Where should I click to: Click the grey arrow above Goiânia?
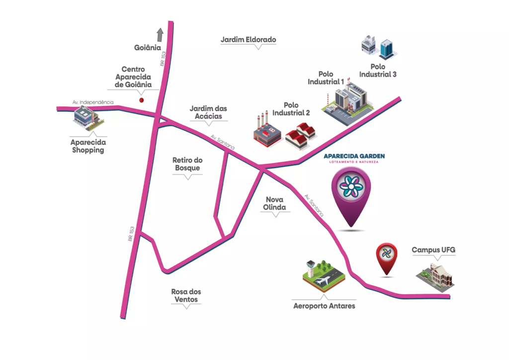click(160, 34)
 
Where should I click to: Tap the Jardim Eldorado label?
click(248, 40)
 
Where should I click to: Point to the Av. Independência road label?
click(93, 102)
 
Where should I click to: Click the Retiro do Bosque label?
click(187, 164)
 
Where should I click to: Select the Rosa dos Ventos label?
click(186, 295)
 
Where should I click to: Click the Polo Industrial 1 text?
click(326, 78)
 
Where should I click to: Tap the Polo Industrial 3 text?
click(378, 71)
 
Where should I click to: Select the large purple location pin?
click(351, 195)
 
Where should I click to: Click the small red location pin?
click(386, 257)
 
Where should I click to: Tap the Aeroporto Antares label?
click(324, 306)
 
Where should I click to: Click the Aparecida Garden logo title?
click(354, 156)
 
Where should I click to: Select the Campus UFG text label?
click(433, 250)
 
